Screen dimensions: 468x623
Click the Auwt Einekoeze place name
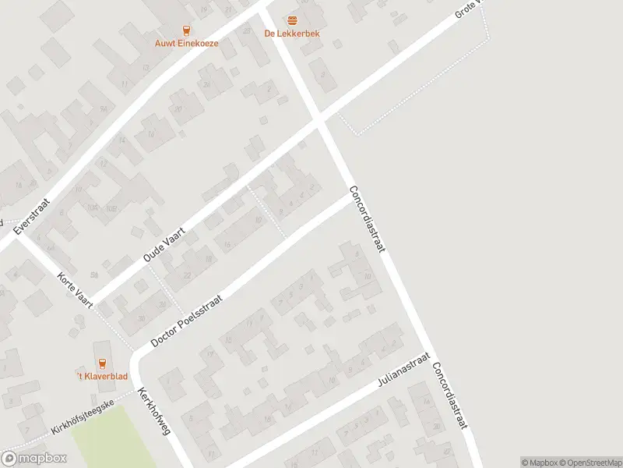pos(186,44)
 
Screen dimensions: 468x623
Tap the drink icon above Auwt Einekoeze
pos(186,30)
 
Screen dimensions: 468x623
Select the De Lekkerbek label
pos(292,34)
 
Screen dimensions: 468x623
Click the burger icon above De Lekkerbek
pos(292,19)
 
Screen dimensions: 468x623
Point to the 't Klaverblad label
pos(101,377)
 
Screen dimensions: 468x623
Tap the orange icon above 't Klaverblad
pos(101,363)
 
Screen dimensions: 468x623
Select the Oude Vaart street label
pos(162,239)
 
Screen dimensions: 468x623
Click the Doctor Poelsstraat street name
pos(187,321)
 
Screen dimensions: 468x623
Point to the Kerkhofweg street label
pos(153,410)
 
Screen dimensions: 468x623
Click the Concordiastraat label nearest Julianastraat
pos(450,395)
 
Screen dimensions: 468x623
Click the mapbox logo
pos(33,459)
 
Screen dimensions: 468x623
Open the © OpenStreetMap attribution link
pos(589,463)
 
